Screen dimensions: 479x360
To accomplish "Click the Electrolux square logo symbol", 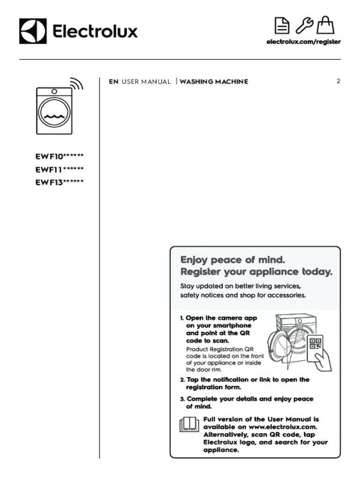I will (33, 31).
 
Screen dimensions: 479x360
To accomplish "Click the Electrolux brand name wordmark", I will (95, 31).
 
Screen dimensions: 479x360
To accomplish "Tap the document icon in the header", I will (281, 26).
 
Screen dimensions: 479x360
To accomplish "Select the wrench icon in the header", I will (303, 25).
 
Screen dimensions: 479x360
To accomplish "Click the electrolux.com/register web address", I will (303, 42).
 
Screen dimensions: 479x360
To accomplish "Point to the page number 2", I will (338, 81).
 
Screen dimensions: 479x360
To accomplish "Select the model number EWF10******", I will (60, 156).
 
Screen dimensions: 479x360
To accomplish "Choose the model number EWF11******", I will (60, 169).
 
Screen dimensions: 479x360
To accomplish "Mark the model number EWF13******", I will (60, 182).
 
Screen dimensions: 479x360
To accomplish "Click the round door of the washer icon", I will (55, 114).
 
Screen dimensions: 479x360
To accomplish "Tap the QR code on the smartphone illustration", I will (316, 344).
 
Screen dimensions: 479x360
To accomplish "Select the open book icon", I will (189, 424).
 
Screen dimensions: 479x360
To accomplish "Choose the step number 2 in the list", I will (182, 380).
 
